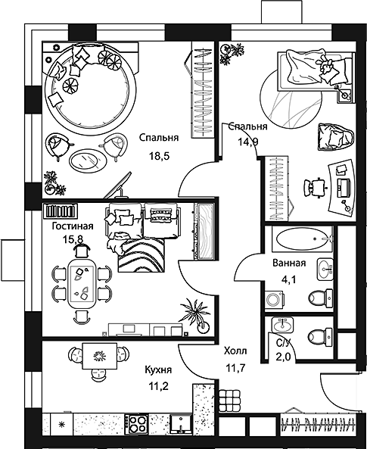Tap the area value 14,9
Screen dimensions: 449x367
tap(248, 140)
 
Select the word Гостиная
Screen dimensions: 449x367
tap(73, 226)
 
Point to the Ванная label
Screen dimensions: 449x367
tap(288, 263)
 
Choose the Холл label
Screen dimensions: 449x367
tap(235, 351)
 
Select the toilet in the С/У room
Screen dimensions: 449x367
tap(318, 333)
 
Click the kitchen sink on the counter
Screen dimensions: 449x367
tap(181, 424)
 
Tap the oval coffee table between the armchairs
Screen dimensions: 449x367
tap(85, 160)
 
